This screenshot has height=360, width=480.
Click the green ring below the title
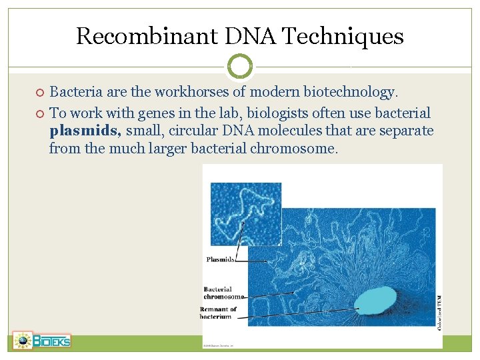(240, 66)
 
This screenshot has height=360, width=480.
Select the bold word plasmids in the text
(85, 131)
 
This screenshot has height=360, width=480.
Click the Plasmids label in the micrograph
(220, 259)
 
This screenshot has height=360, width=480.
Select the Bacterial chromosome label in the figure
(223, 293)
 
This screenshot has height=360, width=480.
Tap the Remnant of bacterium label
(218, 313)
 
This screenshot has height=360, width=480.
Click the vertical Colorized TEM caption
(437, 311)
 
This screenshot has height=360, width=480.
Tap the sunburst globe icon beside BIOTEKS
(23, 341)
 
